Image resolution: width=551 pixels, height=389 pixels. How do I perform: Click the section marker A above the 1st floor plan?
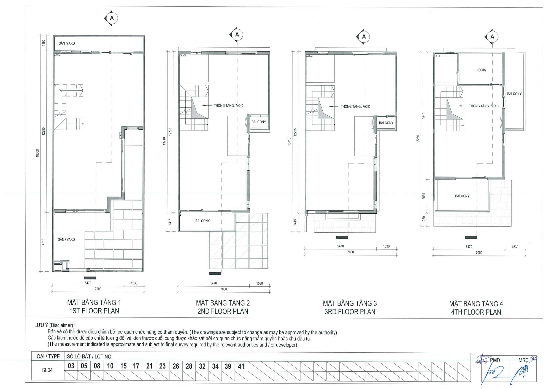point(112,18)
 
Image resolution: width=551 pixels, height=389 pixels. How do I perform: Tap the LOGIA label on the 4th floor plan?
point(481,70)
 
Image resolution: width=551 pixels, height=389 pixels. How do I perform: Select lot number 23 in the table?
point(162,366)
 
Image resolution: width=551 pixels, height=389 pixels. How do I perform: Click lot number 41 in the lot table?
point(241,366)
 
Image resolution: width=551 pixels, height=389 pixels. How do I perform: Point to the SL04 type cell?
point(47,370)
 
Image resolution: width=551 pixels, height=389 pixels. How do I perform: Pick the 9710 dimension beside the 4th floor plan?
point(424,116)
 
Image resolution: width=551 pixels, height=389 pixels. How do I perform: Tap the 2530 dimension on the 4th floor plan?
point(424,196)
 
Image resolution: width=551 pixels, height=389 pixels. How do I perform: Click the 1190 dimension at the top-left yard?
point(43,43)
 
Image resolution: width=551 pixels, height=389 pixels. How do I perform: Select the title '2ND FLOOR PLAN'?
point(223,311)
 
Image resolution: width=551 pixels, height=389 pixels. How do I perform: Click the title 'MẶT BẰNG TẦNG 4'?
point(476,304)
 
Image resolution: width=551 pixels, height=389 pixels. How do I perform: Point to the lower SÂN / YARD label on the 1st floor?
point(66,240)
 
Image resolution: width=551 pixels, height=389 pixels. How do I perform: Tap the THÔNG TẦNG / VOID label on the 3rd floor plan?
point(355,107)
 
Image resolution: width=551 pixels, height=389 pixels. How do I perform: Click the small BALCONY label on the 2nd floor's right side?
point(259,122)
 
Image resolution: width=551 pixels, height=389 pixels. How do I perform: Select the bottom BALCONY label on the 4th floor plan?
point(462,196)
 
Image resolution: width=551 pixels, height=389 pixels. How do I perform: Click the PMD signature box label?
point(495,360)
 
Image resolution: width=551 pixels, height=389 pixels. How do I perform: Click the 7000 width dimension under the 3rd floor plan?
point(350,252)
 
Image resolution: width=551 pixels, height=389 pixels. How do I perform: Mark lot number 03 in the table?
point(71,366)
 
